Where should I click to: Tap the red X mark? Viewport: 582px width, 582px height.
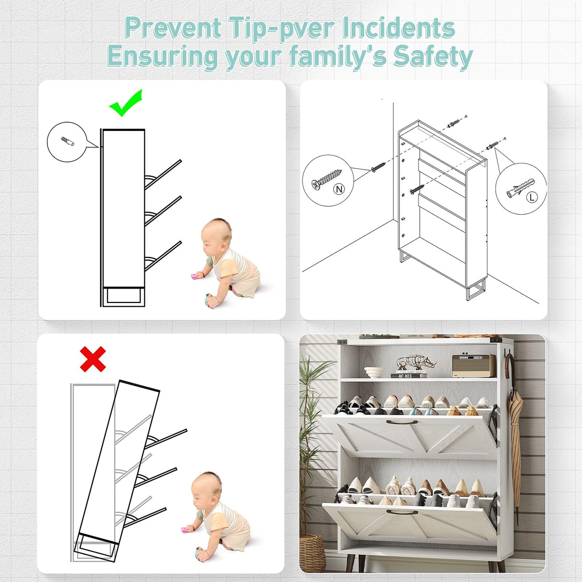(x=93, y=359)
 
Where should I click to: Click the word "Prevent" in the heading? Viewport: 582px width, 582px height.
(x=173, y=28)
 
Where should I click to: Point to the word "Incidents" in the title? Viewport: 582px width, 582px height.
(x=398, y=28)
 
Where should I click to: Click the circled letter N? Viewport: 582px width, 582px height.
(x=339, y=189)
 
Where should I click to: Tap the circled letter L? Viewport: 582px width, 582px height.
(x=532, y=197)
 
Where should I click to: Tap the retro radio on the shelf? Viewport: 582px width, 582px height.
(x=474, y=365)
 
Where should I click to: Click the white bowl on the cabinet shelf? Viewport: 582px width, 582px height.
(x=374, y=372)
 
